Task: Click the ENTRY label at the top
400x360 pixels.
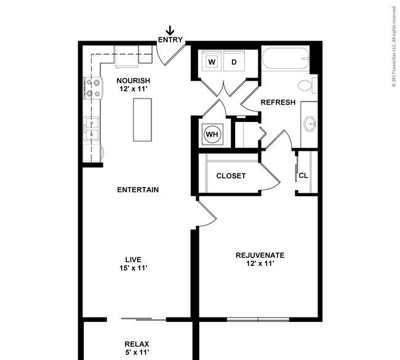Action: click(170, 40)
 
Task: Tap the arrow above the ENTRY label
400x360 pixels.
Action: click(170, 30)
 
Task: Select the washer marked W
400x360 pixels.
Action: click(212, 62)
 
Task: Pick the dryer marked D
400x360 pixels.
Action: click(234, 62)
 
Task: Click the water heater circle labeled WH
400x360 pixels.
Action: click(212, 134)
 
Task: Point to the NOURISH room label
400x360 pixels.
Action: click(134, 81)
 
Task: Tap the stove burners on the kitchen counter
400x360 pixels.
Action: click(93, 87)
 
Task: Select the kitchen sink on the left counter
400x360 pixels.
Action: click(92, 129)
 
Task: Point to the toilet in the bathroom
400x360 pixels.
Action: click(306, 86)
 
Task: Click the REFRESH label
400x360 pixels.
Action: click(278, 102)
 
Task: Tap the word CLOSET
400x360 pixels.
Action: click(231, 176)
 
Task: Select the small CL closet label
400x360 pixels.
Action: click(303, 176)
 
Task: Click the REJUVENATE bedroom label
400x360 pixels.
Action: click(260, 255)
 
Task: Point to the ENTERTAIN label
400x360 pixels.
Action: click(138, 190)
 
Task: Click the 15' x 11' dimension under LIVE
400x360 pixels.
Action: click(134, 268)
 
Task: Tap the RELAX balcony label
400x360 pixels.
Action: click(137, 344)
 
